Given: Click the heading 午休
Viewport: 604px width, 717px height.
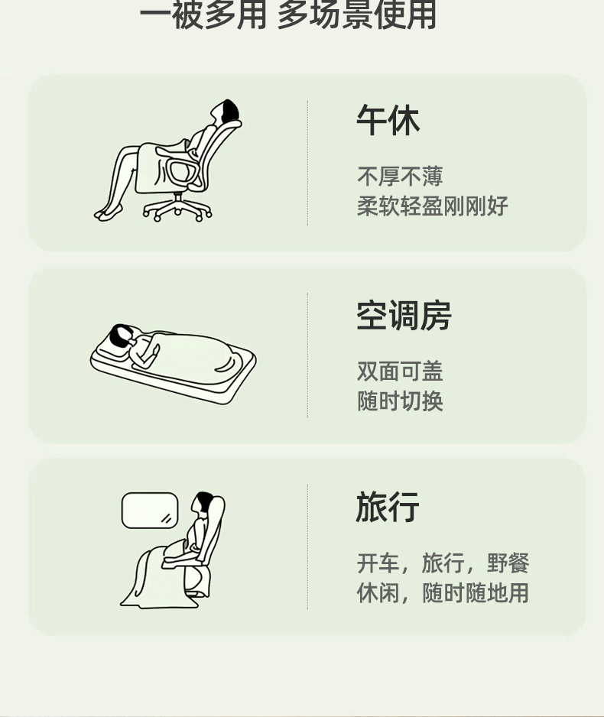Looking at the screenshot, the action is (388, 121).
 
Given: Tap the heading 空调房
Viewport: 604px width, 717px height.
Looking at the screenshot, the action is (404, 316).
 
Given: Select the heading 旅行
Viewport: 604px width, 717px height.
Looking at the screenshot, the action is (388, 507).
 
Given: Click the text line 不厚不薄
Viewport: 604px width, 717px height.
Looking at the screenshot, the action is (400, 177).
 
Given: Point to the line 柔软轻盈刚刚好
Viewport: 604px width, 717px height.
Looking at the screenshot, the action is (433, 206).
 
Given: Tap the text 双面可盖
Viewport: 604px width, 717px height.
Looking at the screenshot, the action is (400, 371).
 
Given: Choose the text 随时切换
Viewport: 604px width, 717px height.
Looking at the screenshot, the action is (400, 401).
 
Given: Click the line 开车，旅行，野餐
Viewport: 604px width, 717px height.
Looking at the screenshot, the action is (443, 563).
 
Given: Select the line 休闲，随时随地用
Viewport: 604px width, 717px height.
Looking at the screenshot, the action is (443, 593).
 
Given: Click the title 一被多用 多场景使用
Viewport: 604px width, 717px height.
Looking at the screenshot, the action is (287, 15).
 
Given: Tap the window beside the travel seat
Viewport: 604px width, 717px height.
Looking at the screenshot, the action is (150, 511).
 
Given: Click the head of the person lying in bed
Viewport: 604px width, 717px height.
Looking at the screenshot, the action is (120, 335).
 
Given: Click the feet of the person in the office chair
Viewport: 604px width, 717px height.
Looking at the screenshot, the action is (108, 213).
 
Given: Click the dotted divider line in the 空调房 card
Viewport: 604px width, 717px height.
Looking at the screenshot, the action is (307, 355).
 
